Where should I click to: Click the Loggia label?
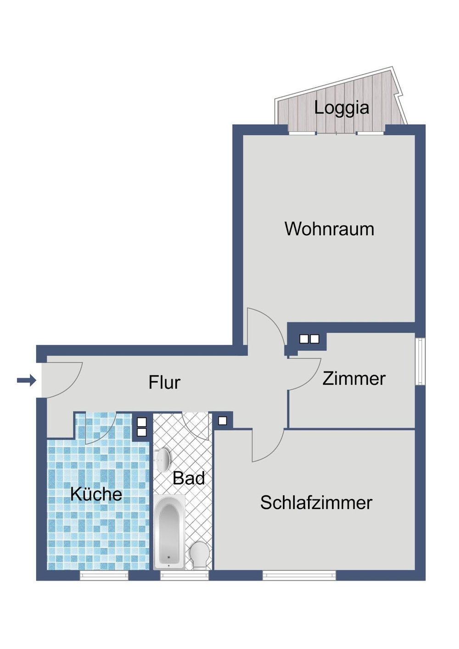click(341, 108)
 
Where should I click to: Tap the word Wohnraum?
click(329, 229)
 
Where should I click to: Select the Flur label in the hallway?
click(164, 382)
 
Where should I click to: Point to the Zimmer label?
click(354, 378)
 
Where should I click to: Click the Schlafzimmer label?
click(316, 503)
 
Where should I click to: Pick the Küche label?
click(96, 494)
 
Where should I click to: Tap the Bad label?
click(188, 478)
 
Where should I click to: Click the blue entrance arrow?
click(26, 380)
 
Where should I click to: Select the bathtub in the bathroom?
click(169, 532)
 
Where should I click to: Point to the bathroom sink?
click(163, 459)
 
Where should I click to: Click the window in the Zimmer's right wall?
click(420, 361)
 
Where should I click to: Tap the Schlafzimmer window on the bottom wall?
click(299, 575)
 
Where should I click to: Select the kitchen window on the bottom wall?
click(104, 575)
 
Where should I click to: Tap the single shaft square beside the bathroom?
click(223, 421)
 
